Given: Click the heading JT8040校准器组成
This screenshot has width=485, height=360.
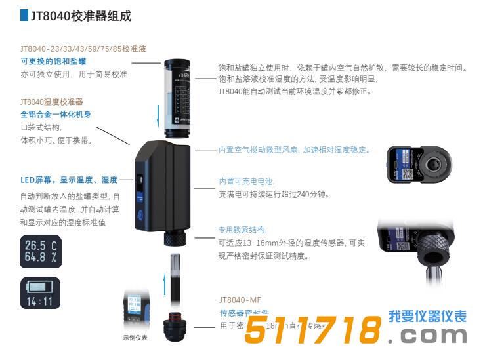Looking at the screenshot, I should pos(81,16).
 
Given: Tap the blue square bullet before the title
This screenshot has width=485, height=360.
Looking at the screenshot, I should pos(24,15).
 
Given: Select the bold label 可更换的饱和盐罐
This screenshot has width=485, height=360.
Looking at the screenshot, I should pos(53,61).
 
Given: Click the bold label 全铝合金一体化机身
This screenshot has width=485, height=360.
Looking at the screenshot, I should pos(55,114).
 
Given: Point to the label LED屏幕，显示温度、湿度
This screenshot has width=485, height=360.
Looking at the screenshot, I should pos(69,180).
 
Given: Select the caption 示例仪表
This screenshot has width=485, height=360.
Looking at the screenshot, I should pos(135,338).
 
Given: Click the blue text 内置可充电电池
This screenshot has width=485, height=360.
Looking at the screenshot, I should pos(247,181).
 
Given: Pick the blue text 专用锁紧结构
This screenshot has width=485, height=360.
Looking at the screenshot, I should pos(243,230).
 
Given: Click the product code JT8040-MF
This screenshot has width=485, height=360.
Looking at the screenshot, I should pos(240,300).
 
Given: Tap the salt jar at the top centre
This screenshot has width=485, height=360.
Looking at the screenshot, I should pos(177,96).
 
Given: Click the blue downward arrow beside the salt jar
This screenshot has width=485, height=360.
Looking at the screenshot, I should pos(158,118).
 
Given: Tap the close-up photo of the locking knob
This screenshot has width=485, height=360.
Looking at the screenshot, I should pos(420,247).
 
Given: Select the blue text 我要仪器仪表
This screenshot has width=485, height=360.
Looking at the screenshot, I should pos(427,317).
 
